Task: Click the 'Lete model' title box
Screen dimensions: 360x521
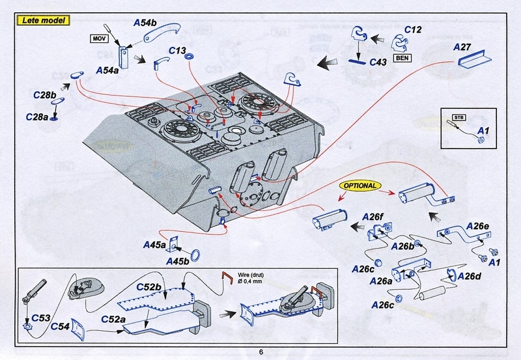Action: point(42,20)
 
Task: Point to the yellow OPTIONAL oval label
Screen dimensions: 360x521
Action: point(358,186)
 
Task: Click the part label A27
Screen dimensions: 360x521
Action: point(463,47)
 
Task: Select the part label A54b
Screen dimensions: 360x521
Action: point(145,23)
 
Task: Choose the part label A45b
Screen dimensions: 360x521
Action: point(177,261)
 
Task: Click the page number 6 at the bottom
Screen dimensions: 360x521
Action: point(260,352)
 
